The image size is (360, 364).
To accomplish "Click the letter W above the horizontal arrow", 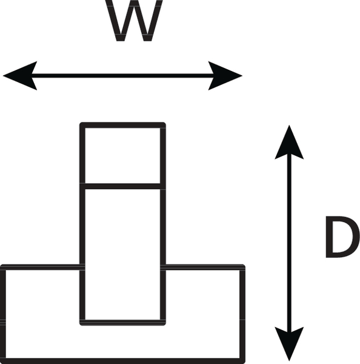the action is (x=134, y=21).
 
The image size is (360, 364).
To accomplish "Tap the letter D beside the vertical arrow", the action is (x=343, y=237).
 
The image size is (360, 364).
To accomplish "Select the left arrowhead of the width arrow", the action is (x=20, y=76).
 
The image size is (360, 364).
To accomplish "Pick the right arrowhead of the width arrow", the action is (x=225, y=76).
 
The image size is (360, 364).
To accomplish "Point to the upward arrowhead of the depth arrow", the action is (x=289, y=142).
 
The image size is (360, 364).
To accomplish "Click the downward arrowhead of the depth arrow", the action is (x=289, y=344).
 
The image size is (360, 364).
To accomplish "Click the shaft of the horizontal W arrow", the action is (x=122, y=76).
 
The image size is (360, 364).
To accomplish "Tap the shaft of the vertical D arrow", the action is (x=289, y=243).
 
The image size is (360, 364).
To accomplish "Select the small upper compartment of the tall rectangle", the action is (x=122, y=155).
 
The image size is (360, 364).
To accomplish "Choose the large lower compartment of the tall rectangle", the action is (x=122, y=254).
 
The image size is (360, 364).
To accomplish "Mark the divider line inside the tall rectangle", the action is (x=122, y=186).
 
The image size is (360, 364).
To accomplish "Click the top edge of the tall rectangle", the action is (x=122, y=125).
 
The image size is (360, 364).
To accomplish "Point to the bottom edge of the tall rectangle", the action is (x=122, y=323).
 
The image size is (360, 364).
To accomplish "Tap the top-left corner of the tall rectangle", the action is (x=81, y=123).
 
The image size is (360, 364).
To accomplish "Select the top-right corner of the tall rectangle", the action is (x=164, y=123).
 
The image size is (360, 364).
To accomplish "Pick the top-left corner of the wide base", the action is (x=2, y=266).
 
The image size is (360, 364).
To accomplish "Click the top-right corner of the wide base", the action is (x=244, y=266).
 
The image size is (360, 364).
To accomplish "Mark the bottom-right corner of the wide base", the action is (x=244, y=362).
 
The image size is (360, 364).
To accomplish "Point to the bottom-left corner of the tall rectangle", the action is (x=81, y=325).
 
